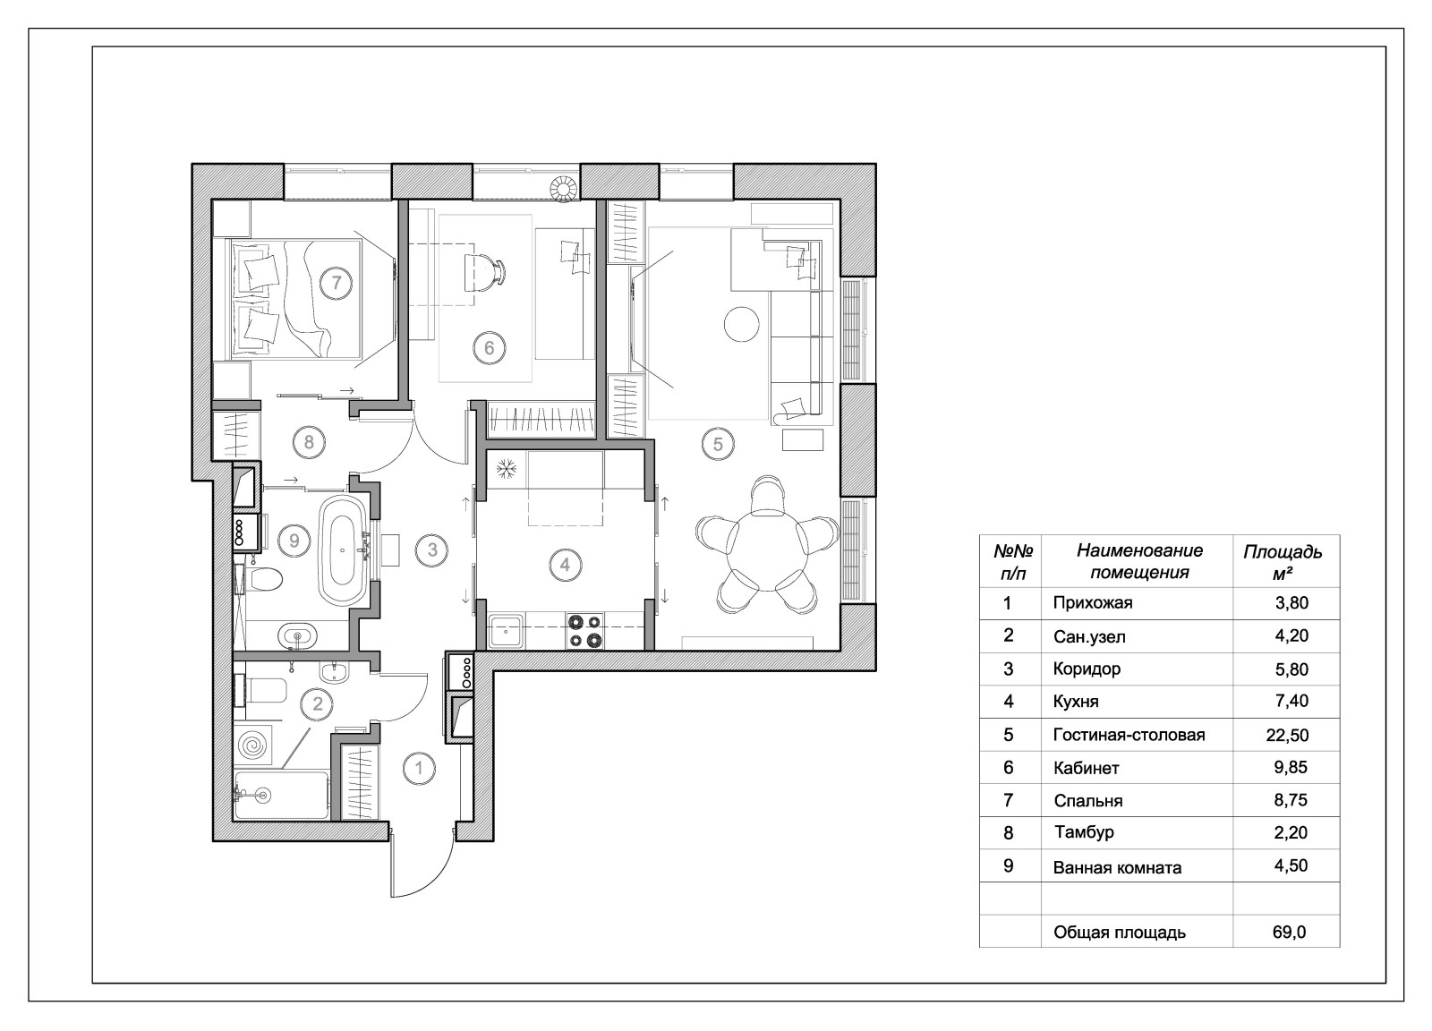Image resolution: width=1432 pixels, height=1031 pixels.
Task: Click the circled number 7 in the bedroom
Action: pos(337,284)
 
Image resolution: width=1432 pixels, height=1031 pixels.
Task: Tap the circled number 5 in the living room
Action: pos(718,443)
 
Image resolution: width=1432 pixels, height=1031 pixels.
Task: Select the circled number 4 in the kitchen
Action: pos(565,565)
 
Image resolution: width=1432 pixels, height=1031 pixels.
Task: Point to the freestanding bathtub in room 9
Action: pos(342,551)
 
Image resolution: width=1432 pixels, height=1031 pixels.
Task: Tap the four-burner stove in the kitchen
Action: pos(584,630)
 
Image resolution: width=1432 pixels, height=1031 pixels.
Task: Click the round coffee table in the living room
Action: pos(741,323)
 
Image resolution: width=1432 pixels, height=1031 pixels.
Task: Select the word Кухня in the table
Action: pos(1076,702)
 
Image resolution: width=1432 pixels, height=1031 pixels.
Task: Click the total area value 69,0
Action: pos(1289,932)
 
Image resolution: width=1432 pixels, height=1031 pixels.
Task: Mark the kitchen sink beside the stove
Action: pos(507,631)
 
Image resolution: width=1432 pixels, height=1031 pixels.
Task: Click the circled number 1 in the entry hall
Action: pos(418,767)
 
